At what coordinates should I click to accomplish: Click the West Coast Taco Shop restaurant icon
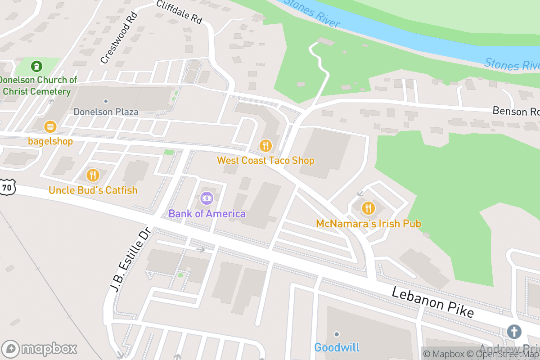click(x=265, y=145)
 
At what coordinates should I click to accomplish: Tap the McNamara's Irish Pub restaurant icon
click(x=368, y=208)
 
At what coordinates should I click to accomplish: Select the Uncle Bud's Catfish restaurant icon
click(x=93, y=175)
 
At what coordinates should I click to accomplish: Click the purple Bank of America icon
click(x=207, y=198)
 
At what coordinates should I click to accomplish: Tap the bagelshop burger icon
click(x=50, y=126)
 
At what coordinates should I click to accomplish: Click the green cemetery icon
click(x=36, y=67)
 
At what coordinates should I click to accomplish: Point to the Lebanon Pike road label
click(x=432, y=302)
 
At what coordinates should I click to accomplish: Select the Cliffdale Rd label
click(x=179, y=12)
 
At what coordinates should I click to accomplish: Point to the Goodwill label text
click(x=337, y=347)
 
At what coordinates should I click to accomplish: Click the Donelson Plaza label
click(x=106, y=112)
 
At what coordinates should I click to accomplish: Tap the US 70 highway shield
click(x=6, y=187)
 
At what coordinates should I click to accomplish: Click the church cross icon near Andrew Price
click(x=513, y=332)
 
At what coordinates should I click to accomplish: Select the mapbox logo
click(x=40, y=349)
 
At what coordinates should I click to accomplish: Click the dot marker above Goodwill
click(x=337, y=334)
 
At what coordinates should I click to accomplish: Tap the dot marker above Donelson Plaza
click(x=106, y=101)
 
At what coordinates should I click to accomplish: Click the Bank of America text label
click(x=207, y=214)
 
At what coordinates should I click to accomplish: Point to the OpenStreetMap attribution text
click(x=504, y=354)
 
